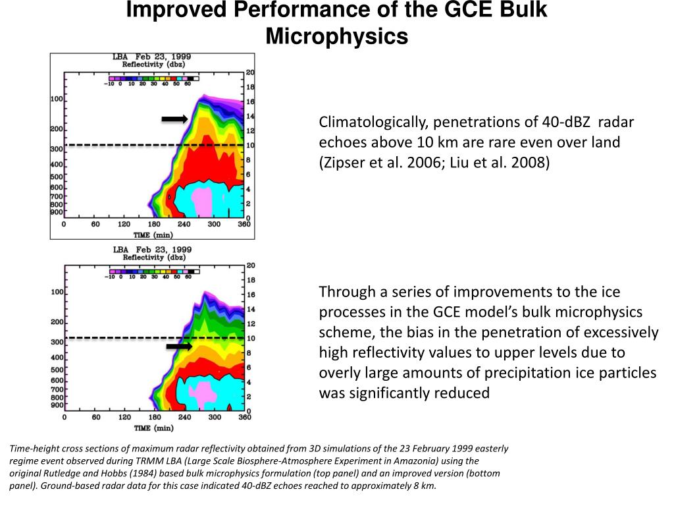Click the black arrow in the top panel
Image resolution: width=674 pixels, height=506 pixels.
tap(175, 119)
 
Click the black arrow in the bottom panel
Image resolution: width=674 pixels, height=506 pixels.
tap(178, 346)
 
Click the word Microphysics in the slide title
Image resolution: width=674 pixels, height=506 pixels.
tap(336, 37)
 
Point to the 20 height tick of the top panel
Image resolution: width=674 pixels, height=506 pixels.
tap(249, 72)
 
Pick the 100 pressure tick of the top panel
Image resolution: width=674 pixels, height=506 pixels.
tap(57, 99)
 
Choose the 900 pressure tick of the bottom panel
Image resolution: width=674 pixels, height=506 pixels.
tap(57, 405)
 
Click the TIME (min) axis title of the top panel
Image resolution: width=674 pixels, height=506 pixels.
tap(153, 234)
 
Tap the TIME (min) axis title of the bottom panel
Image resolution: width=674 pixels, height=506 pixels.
tap(153, 428)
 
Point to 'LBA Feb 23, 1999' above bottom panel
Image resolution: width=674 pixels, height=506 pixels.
tap(153, 250)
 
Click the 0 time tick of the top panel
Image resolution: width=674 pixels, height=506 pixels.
tap(64, 225)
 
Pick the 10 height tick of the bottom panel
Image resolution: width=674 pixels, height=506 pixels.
tap(250, 338)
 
